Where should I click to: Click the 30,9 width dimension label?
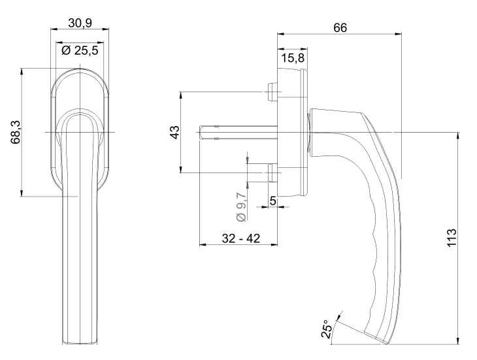pos(80,23)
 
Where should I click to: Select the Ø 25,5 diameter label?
pos(80,50)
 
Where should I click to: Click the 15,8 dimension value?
pos(291,59)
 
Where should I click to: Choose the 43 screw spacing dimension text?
pos(174,133)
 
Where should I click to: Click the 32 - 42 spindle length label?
pos(240,239)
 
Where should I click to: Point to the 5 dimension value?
pos(272,201)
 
